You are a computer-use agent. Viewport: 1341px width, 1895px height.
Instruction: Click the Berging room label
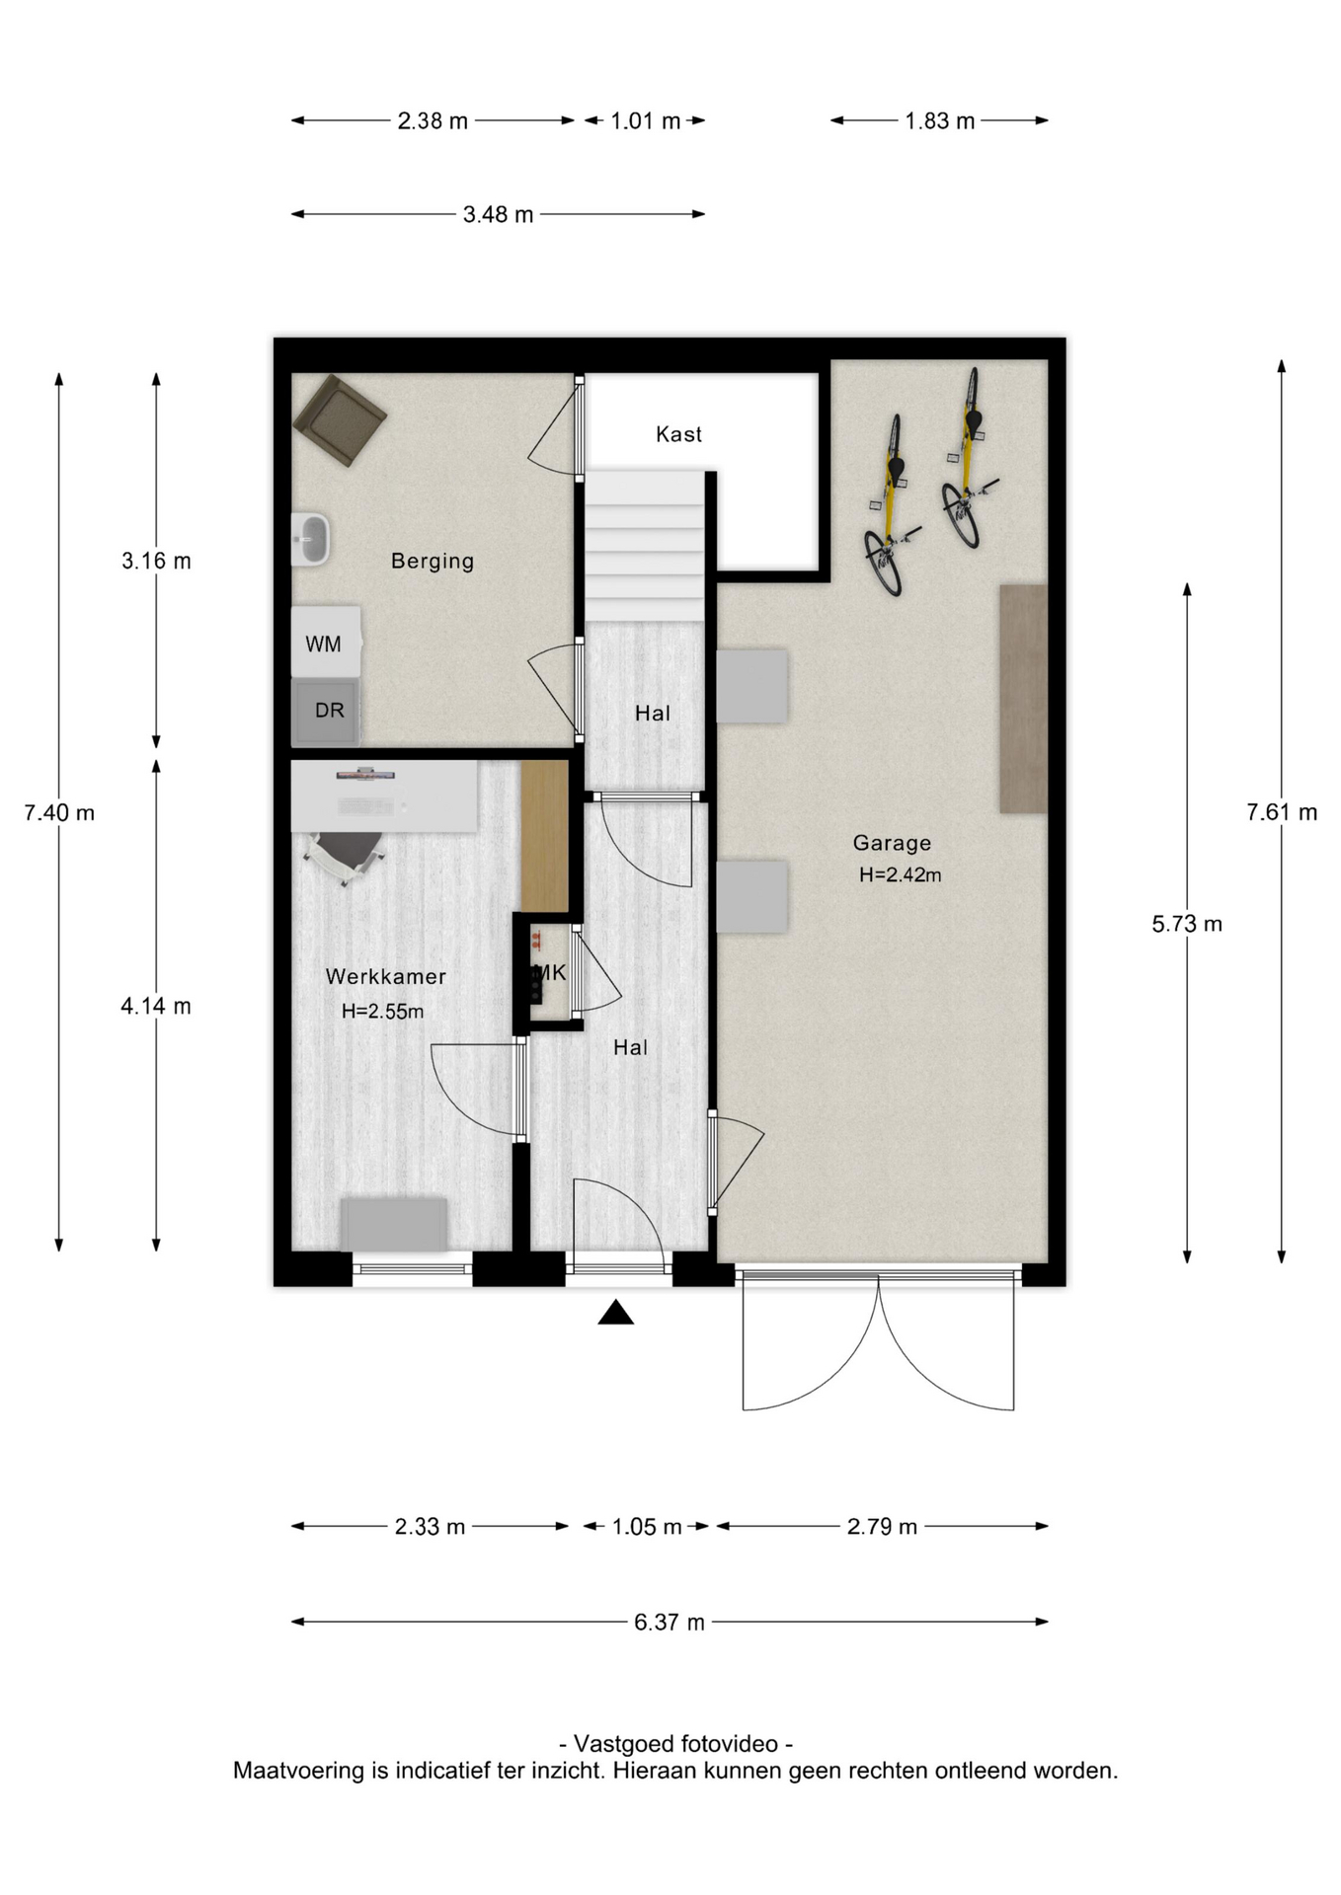click(x=433, y=562)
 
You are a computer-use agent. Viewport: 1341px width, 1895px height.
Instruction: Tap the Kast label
click(x=678, y=434)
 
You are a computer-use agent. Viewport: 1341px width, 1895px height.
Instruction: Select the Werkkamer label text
click(x=386, y=976)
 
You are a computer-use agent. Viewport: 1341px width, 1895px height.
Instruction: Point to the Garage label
click(x=892, y=843)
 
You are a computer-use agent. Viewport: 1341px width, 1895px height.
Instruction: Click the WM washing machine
click(x=325, y=642)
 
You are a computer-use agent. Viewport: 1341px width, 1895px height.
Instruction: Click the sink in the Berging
click(x=310, y=540)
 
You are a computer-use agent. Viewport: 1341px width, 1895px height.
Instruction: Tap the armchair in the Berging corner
click(x=340, y=418)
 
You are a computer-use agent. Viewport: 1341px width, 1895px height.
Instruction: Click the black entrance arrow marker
click(x=615, y=1313)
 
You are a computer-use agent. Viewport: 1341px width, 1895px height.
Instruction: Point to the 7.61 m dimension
click(x=1282, y=812)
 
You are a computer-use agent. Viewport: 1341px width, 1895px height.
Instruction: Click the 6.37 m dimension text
click(x=670, y=1623)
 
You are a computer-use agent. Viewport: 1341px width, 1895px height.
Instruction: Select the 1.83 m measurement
click(x=939, y=121)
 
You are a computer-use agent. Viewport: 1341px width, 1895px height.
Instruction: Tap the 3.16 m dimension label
click(x=156, y=562)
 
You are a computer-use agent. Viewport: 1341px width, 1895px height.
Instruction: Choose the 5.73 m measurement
click(x=1187, y=925)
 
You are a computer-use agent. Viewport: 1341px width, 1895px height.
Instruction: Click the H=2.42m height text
click(x=900, y=875)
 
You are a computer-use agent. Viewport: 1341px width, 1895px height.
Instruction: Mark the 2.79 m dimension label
click(x=882, y=1527)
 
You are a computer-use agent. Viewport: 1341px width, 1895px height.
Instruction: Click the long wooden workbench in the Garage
click(x=1023, y=699)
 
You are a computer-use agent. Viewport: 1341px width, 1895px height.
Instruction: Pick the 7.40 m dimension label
click(x=59, y=813)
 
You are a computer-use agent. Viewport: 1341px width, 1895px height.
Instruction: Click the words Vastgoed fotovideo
click(x=676, y=1744)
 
